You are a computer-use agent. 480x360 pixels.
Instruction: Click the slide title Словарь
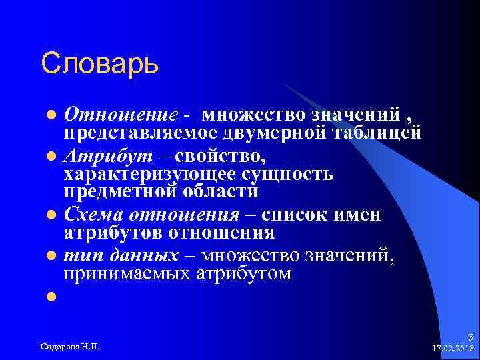(99, 64)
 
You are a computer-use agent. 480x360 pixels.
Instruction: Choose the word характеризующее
(143, 174)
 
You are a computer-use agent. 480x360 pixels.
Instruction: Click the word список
(297, 215)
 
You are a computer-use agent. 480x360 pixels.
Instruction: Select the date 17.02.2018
(451, 348)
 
